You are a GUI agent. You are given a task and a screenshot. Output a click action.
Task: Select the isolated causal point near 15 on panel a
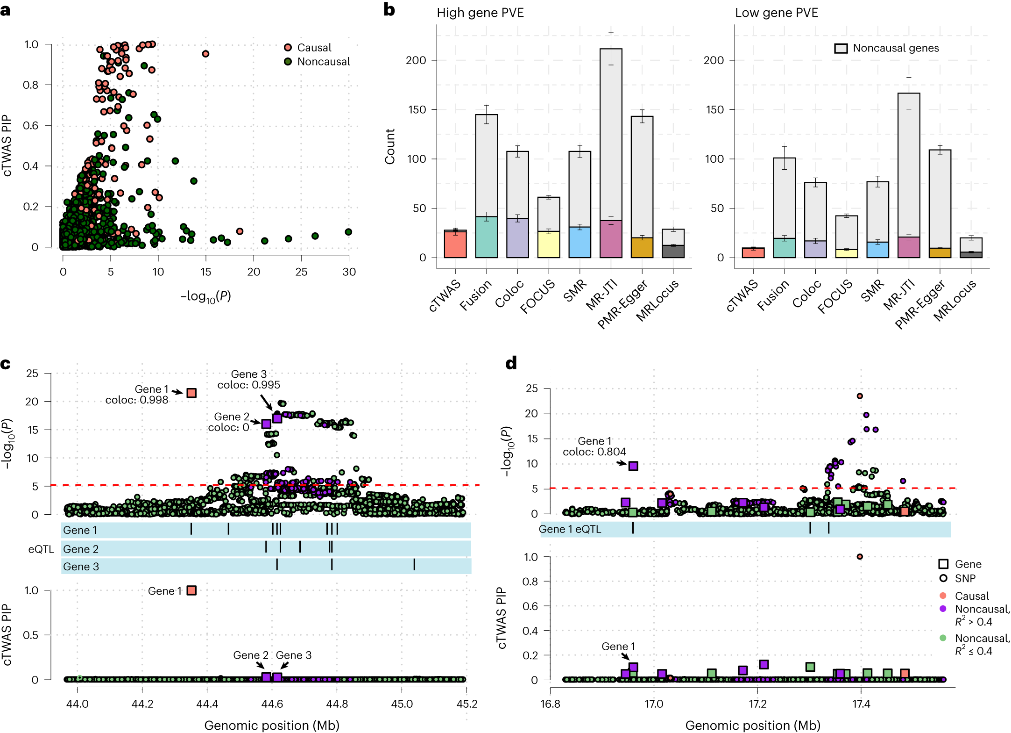(205, 54)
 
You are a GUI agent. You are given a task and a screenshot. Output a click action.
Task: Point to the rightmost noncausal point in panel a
(348, 232)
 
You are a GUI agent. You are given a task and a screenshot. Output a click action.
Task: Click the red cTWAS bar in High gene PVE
(455, 244)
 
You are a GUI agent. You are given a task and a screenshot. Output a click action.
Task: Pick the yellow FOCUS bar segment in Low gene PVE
(847, 253)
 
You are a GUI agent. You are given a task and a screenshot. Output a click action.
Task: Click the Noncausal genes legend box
(841, 48)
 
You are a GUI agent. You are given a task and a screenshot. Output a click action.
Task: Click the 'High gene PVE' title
(480, 13)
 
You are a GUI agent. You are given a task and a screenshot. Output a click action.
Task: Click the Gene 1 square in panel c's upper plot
(191, 393)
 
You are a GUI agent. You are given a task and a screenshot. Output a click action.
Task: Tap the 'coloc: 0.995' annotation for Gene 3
(249, 385)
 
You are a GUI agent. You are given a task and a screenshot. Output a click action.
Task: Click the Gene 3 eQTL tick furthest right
(414, 565)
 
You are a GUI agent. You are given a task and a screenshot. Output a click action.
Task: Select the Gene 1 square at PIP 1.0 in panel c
(191, 590)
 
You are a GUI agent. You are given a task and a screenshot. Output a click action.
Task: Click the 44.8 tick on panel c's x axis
(337, 704)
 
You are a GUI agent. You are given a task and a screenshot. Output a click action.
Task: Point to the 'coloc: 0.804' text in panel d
(594, 452)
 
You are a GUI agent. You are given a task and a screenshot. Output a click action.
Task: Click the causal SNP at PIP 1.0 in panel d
(860, 556)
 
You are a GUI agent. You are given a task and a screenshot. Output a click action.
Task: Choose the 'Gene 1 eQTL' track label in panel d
(570, 529)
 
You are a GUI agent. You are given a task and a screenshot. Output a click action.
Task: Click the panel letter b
(389, 10)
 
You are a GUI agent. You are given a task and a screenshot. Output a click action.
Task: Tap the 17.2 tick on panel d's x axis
(757, 704)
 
